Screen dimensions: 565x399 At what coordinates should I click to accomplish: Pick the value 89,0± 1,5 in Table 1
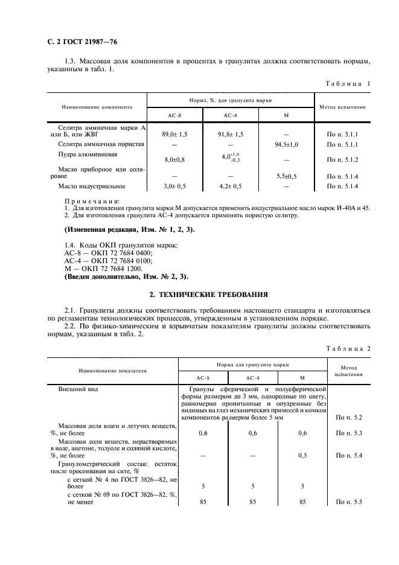tap(175, 134)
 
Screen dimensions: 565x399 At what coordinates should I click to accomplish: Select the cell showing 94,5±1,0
tap(286, 145)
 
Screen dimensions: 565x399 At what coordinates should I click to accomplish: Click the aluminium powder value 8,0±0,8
tap(175, 160)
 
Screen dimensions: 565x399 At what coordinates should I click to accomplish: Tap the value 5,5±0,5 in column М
tap(286, 176)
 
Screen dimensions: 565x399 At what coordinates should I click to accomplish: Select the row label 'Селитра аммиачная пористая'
tap(101, 145)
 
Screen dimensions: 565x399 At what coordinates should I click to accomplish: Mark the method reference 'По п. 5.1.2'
tap(343, 160)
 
